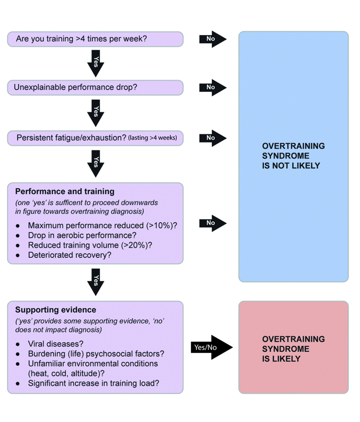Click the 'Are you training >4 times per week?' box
[95, 39]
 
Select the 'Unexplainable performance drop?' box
[95, 87]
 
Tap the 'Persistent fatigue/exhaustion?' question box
[95, 138]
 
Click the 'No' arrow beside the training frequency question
[212, 39]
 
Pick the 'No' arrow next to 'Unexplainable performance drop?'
[212, 87]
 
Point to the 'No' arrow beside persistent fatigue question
[212, 138]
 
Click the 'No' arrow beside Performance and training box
[212, 223]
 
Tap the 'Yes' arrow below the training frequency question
[96, 63]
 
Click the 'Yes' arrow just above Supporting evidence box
[96, 281]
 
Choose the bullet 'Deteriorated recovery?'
[69, 255]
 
